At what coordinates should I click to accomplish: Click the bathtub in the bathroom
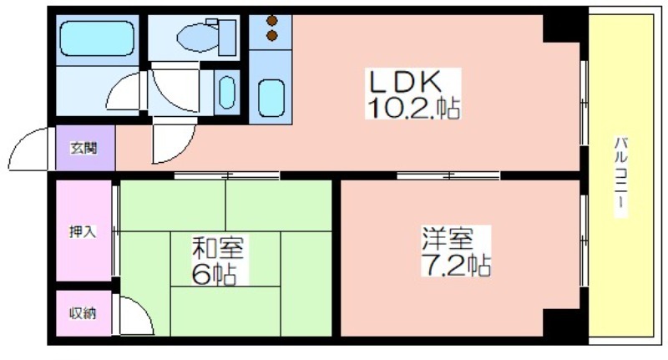click(97, 38)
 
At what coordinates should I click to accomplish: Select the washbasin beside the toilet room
click(227, 93)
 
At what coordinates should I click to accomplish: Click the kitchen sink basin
click(271, 98)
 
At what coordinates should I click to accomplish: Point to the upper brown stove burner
click(272, 20)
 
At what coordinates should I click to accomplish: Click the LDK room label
click(404, 82)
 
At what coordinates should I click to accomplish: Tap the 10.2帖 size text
click(412, 108)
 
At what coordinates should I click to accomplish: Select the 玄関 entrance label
click(84, 148)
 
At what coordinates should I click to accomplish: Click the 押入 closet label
click(83, 231)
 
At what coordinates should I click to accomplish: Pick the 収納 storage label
click(83, 313)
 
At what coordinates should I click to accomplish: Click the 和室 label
click(218, 249)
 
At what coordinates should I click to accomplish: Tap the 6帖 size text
click(214, 274)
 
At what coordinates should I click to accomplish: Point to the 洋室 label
click(448, 239)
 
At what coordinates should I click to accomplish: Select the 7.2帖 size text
click(456, 265)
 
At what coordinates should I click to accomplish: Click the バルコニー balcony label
click(620, 177)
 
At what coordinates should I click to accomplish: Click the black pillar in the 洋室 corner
click(561, 322)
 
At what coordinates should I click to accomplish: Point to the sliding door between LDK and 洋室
click(448, 175)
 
